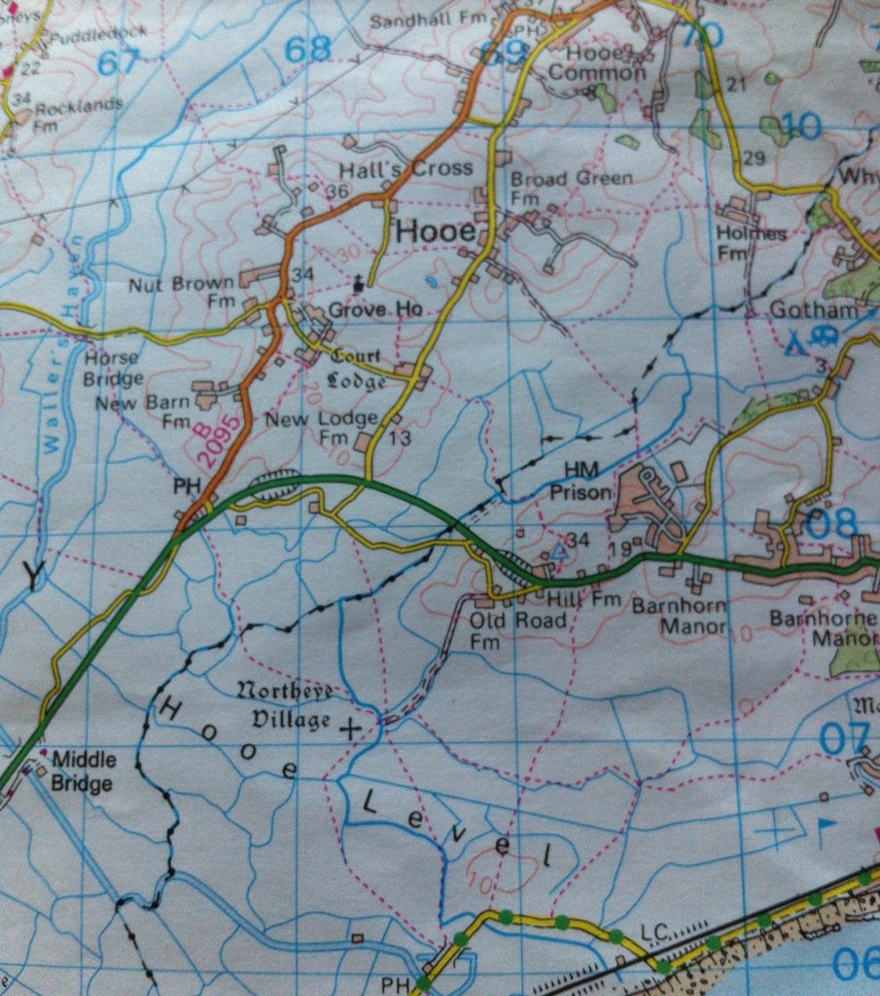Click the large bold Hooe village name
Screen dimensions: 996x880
[436, 231]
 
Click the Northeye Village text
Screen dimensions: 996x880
[286, 705]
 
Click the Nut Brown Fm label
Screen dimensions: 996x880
[182, 293]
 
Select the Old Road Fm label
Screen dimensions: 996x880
[504, 630]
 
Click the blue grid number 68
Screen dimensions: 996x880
[307, 51]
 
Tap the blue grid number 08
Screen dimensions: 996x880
[832, 524]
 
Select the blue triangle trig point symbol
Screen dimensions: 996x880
[558, 551]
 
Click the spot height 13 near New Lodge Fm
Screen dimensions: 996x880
[399, 439]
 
